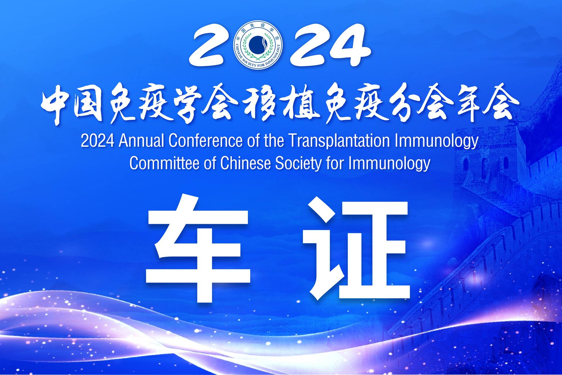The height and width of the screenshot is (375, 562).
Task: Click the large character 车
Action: (198, 250)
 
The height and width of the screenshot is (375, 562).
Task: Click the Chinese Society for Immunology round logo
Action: (258, 45)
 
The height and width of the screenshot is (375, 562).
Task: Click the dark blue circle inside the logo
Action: (258, 45)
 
